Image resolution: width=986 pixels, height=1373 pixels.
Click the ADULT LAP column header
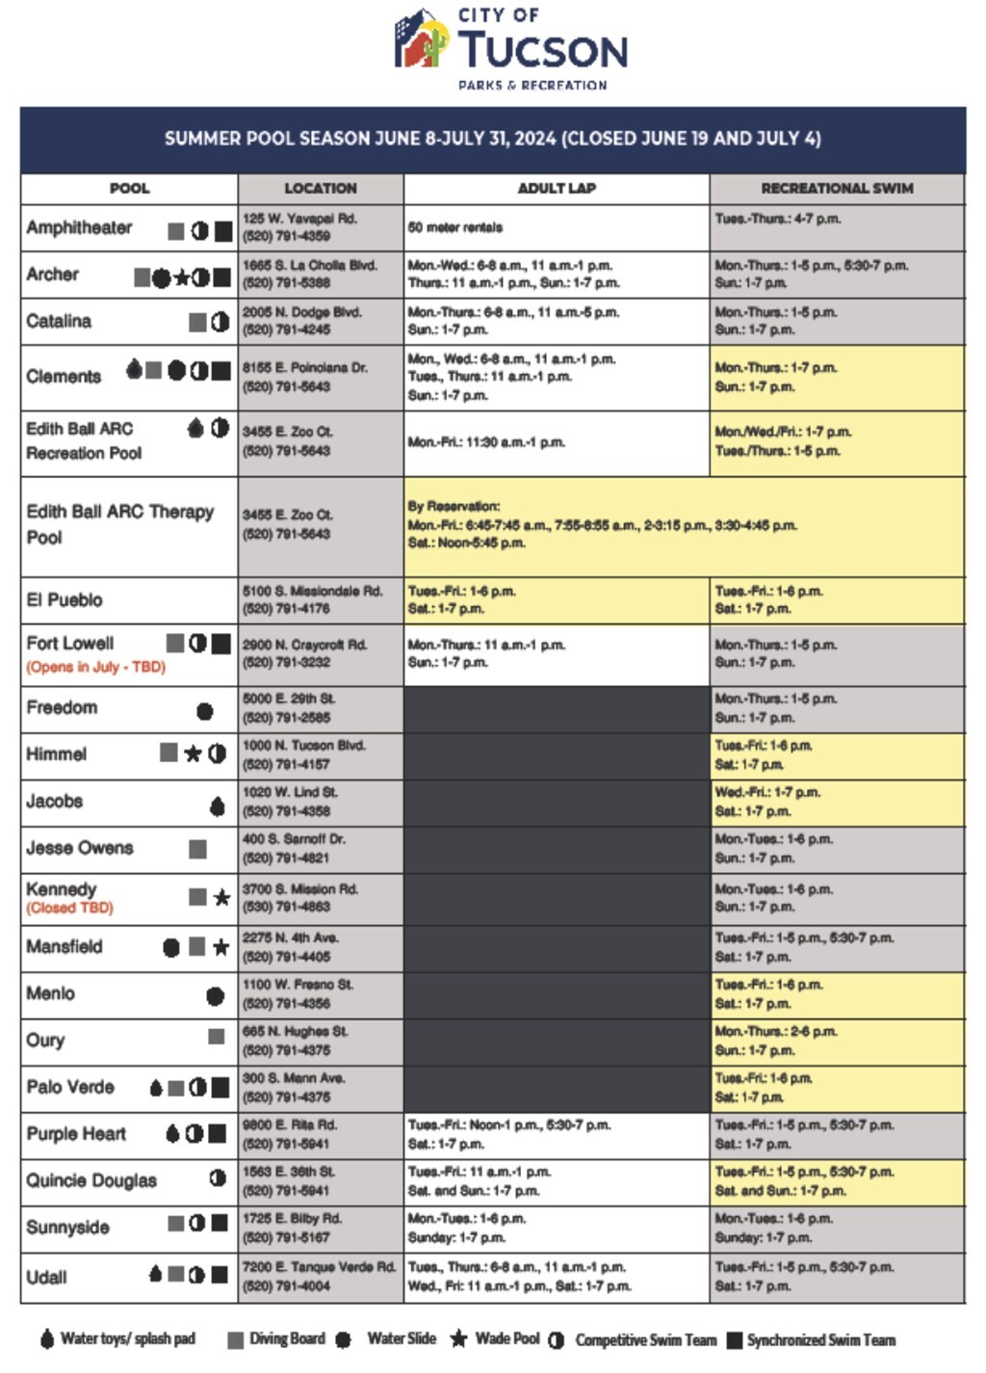(x=557, y=189)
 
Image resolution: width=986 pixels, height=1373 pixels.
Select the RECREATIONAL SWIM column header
(x=837, y=189)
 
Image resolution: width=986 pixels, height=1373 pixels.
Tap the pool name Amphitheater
(x=80, y=228)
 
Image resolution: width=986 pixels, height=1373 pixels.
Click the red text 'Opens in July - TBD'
(x=95, y=667)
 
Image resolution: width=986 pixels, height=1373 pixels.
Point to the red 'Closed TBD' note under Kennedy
(x=69, y=908)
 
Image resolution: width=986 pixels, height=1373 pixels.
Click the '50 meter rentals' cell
(x=455, y=228)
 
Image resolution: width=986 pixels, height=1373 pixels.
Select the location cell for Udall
(x=320, y=1277)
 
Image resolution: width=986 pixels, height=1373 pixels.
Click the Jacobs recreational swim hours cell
(x=836, y=802)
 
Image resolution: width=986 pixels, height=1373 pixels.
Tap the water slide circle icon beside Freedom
(x=204, y=712)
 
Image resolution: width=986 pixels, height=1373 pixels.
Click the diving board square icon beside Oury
(x=216, y=1037)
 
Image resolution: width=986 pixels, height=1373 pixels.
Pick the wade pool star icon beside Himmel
(x=193, y=753)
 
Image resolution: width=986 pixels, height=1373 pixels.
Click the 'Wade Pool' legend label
(x=507, y=1339)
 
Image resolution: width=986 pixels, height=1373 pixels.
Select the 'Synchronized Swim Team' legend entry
(x=820, y=1340)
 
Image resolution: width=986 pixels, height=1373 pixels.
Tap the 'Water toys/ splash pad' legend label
(x=127, y=1339)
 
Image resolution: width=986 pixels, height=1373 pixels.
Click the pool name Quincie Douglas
(x=91, y=1181)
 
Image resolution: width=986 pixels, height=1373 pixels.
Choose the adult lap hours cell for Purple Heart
(x=556, y=1134)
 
